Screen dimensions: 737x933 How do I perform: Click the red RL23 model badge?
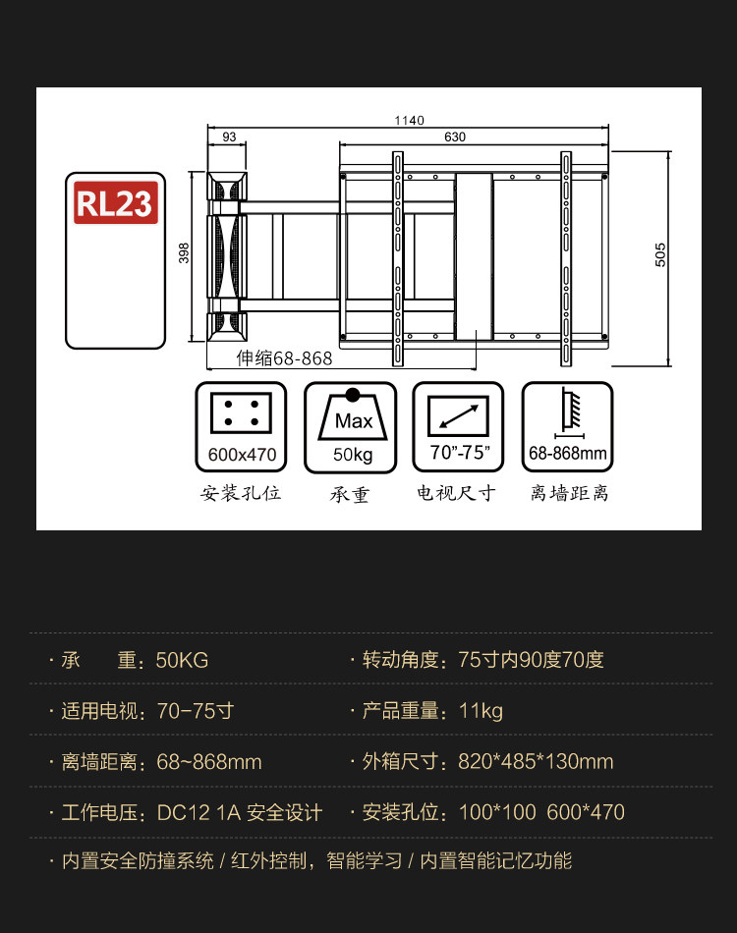pyautogui.click(x=116, y=203)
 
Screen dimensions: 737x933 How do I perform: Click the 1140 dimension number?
pyautogui.click(x=409, y=121)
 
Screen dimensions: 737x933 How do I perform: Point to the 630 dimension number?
pyautogui.click(x=455, y=137)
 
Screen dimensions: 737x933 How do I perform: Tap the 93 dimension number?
pyautogui.click(x=229, y=137)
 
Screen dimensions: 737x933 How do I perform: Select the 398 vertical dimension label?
pyautogui.click(x=184, y=254)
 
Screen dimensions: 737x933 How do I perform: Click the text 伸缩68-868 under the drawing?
pyautogui.click(x=285, y=358)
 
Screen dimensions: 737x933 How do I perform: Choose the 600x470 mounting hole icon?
pyautogui.click(x=242, y=428)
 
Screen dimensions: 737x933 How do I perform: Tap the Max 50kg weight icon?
pyautogui.click(x=351, y=428)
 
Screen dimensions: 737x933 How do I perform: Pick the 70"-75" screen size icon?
pyautogui.click(x=459, y=428)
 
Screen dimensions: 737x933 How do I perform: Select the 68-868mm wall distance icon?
pyautogui.click(x=568, y=428)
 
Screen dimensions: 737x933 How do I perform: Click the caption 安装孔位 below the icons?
pyautogui.click(x=242, y=493)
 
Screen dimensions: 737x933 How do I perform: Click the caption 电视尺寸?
pyautogui.click(x=457, y=493)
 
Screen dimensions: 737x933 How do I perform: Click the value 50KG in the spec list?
pyautogui.click(x=182, y=660)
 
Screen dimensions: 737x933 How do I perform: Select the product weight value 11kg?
pyautogui.click(x=481, y=711)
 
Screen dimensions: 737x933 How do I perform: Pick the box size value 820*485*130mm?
pyautogui.click(x=536, y=762)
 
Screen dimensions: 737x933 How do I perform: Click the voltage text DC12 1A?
pyautogui.click(x=198, y=813)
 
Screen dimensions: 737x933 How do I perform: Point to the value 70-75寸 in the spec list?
pyautogui.click(x=195, y=711)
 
